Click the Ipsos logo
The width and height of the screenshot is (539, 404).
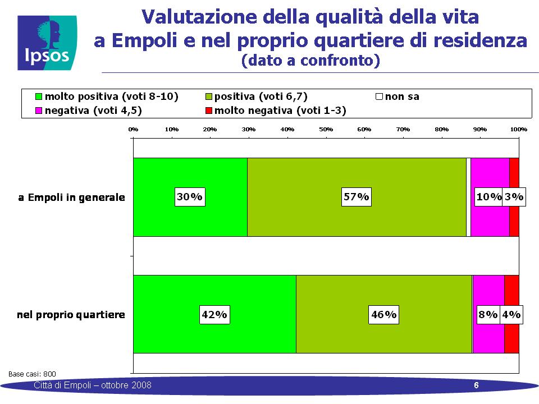47,43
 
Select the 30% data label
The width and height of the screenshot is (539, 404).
190,197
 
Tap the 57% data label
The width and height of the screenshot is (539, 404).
356,197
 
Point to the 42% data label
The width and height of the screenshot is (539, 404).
214,314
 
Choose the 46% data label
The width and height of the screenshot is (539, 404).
383,314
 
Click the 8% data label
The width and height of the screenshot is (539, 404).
488,314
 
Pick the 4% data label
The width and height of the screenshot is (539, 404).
511,314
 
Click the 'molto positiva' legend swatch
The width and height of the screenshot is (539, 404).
39,97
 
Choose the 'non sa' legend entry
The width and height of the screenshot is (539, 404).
398,97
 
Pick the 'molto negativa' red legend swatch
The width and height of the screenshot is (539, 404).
208,111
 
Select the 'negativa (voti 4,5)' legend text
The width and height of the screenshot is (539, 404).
93,111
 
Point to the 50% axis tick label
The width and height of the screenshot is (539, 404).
326,129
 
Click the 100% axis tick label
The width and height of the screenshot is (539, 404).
518,129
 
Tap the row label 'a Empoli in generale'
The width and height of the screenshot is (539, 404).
71,198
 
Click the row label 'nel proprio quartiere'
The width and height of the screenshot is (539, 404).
71,315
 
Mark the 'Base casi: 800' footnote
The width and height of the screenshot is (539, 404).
32,374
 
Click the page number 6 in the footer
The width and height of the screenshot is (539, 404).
476,385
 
